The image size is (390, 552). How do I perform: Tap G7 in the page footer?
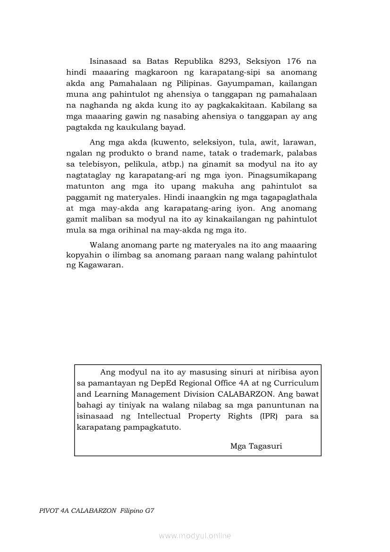[x=150, y=511]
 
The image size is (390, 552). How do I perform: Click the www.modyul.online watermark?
[x=195, y=536]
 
